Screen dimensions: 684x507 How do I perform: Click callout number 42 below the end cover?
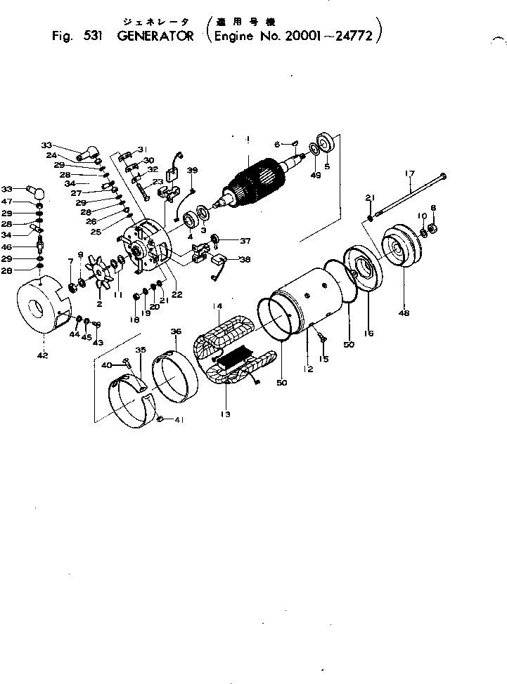tap(43, 356)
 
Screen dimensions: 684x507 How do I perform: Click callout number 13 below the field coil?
tap(224, 415)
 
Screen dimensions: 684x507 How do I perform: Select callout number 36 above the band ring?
tap(175, 332)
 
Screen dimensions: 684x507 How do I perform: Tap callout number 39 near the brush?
tap(193, 171)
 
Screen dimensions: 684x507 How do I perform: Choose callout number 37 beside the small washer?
tap(245, 241)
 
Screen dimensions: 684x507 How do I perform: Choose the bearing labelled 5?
tap(328, 143)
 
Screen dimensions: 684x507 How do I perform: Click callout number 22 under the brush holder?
tap(177, 295)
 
